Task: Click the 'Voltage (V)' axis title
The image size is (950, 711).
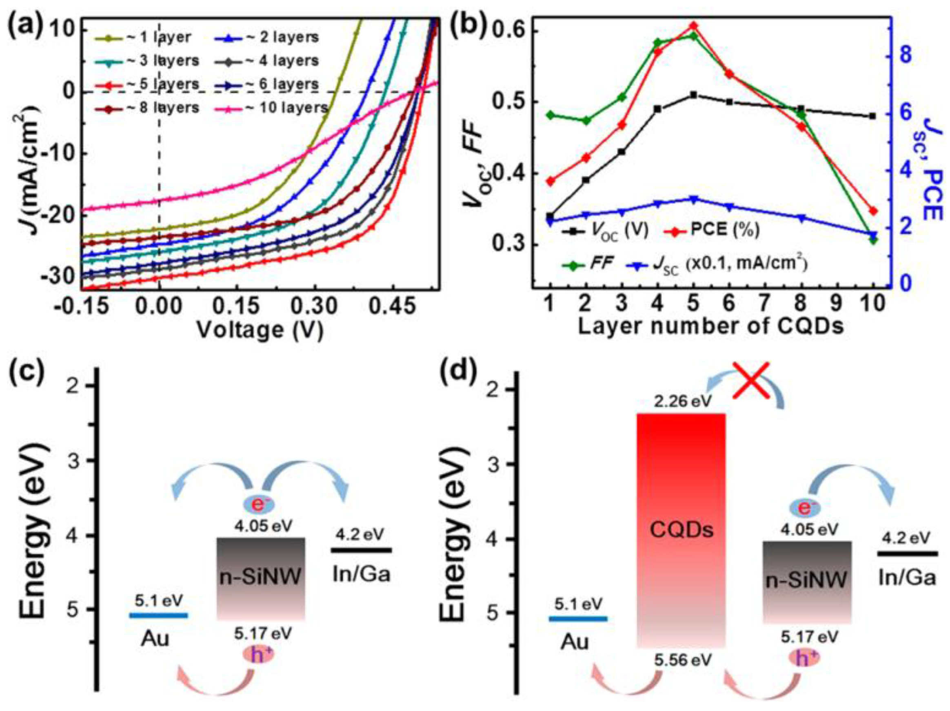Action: pos(260,330)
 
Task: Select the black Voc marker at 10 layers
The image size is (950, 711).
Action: pos(872,116)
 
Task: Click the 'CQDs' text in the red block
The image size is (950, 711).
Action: pos(681,531)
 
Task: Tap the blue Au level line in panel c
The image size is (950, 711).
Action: pos(158,615)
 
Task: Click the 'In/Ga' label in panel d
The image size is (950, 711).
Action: pos(907,578)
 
